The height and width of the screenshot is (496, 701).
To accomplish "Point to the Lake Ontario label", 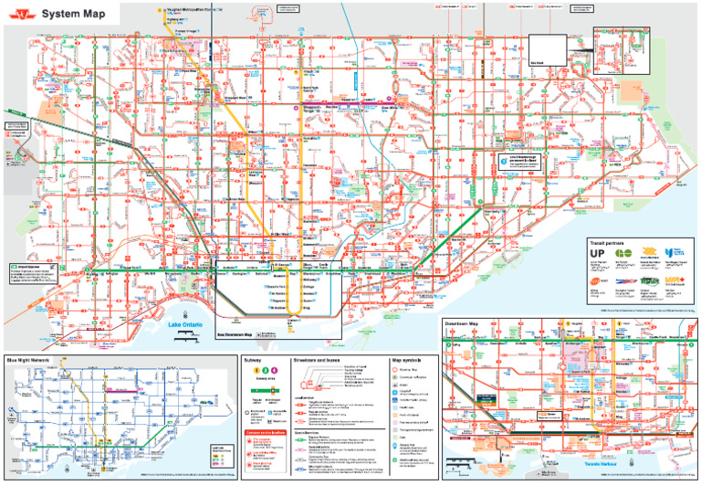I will [x=185, y=325].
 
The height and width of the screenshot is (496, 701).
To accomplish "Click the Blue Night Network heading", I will [x=27, y=361].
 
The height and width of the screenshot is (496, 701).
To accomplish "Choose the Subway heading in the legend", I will [x=254, y=360].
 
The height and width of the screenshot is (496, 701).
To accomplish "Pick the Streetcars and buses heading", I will [x=318, y=360].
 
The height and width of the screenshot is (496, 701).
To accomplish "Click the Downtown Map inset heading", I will [x=462, y=324].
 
